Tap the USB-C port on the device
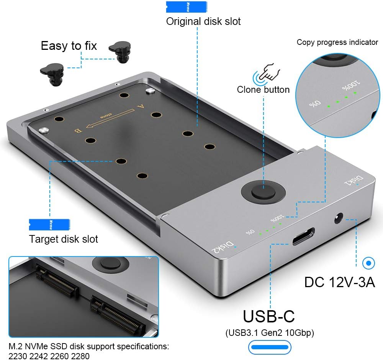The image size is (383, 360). (304, 236)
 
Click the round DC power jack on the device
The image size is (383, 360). (339, 218)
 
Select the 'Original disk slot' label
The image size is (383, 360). (203, 21)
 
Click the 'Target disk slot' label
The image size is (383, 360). (64, 239)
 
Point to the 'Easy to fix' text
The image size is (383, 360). (69, 46)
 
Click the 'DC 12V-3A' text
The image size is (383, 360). (339, 282)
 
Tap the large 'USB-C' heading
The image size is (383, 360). (269, 316)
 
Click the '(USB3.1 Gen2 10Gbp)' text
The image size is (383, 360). (270, 333)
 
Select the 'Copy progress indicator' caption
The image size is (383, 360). (337, 42)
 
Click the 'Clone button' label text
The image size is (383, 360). (263, 89)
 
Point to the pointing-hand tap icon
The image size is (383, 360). (266, 72)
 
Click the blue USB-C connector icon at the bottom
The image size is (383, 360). (270, 347)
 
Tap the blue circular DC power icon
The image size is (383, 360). (368, 263)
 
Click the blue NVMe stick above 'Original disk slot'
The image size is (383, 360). (187, 7)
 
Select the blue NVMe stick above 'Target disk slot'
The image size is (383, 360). (49, 225)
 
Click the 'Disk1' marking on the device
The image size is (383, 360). (354, 181)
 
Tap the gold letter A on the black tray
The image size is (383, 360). (141, 106)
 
